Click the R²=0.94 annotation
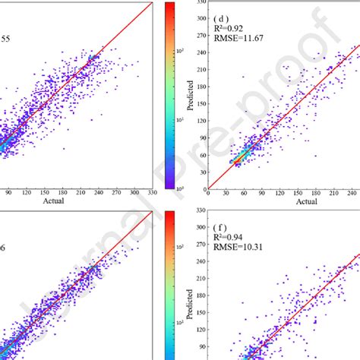(x=230, y=237)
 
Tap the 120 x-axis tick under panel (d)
(x=282, y=194)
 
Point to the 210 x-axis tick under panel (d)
(x=331, y=194)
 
